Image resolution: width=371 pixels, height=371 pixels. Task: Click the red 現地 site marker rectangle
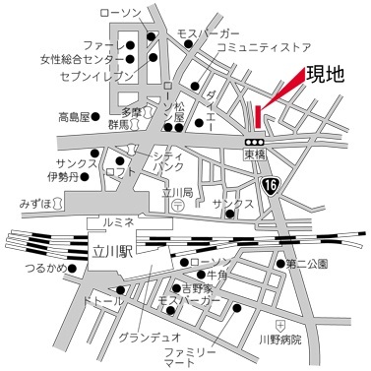256,115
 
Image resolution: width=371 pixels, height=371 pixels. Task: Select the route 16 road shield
271,184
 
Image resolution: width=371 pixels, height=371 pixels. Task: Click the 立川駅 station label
110,250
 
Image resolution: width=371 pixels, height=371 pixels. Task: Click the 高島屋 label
74,116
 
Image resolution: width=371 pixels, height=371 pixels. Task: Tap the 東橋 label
255,155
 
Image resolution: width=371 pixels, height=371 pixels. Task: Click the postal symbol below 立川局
174,208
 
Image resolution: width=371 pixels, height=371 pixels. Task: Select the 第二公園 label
307,264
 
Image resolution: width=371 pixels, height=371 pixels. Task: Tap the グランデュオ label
144,338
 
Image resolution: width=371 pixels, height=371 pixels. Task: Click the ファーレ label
97,45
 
